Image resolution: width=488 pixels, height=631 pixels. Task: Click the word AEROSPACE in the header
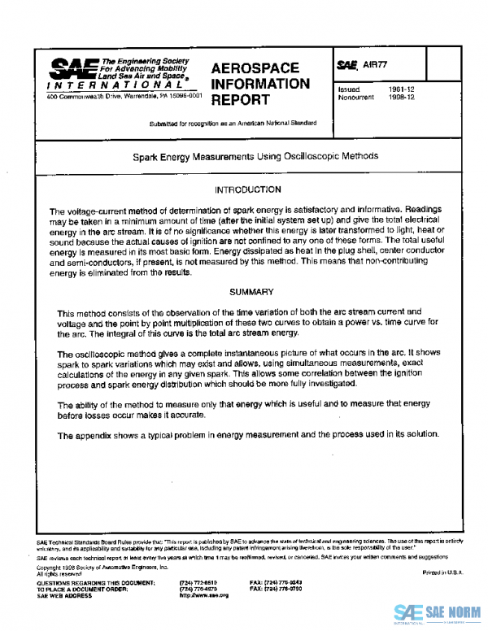(254, 68)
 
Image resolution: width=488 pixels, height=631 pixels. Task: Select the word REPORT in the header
(240, 100)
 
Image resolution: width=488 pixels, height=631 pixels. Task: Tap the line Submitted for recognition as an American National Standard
(233, 123)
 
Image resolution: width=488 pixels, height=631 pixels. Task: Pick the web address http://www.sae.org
(203, 595)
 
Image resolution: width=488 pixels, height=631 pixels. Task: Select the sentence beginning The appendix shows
(248, 435)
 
